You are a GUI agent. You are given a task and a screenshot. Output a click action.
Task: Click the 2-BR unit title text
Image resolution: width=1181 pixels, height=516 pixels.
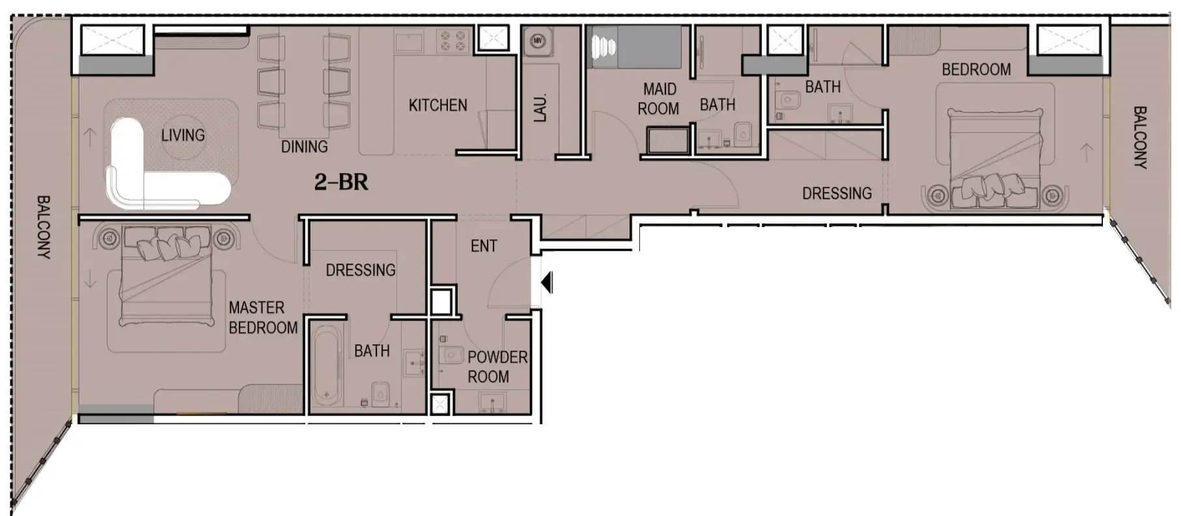pyautogui.click(x=341, y=182)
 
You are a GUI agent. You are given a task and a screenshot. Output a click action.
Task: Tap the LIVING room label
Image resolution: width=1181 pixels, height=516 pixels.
pyautogui.click(x=183, y=135)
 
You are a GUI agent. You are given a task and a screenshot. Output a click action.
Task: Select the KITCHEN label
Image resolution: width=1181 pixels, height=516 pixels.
pyautogui.click(x=438, y=105)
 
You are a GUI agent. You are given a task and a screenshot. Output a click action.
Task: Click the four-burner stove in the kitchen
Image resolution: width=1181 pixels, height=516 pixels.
pyautogui.click(x=453, y=42)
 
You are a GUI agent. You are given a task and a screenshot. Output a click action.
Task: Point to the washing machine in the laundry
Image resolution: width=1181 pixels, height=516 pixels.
pyautogui.click(x=538, y=42)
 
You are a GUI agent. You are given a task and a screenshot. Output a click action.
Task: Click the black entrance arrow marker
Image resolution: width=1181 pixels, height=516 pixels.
pyautogui.click(x=548, y=283)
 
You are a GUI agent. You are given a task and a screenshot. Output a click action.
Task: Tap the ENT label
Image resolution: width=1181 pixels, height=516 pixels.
pyautogui.click(x=484, y=246)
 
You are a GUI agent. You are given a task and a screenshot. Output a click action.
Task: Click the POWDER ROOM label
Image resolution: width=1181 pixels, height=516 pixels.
pyautogui.click(x=497, y=367)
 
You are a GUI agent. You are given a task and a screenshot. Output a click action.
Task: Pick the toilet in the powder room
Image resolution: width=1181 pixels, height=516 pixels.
pyautogui.click(x=449, y=355)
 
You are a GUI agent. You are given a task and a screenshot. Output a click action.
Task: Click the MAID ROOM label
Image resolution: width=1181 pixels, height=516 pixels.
pyautogui.click(x=659, y=99)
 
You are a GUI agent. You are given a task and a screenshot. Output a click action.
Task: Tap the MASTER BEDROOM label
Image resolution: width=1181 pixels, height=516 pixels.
pyautogui.click(x=262, y=318)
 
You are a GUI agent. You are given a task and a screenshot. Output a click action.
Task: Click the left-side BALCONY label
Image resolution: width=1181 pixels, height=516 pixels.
pyautogui.click(x=43, y=227)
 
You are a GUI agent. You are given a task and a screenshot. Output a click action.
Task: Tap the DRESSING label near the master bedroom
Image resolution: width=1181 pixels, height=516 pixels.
pyautogui.click(x=361, y=270)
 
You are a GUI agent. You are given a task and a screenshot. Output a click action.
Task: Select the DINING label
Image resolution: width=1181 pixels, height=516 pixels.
pyautogui.click(x=304, y=147)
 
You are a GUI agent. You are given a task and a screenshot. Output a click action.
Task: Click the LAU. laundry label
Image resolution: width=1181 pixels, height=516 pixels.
pyautogui.click(x=540, y=108)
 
